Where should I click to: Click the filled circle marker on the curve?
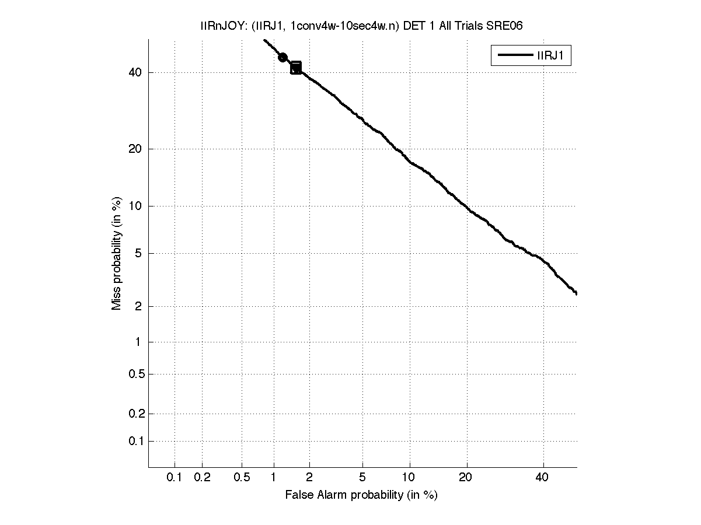click(283, 57)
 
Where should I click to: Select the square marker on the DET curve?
click(296, 68)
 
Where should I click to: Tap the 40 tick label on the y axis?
click(134, 72)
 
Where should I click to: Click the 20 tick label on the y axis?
click(134, 149)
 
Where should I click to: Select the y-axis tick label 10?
click(134, 206)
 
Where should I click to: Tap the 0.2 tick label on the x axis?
click(202, 477)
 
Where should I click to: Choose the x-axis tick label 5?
click(362, 477)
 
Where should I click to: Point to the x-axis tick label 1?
click(273, 477)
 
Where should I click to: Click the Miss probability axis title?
click(117, 253)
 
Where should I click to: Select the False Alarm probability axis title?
click(361, 495)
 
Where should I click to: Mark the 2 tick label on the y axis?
click(138, 306)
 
